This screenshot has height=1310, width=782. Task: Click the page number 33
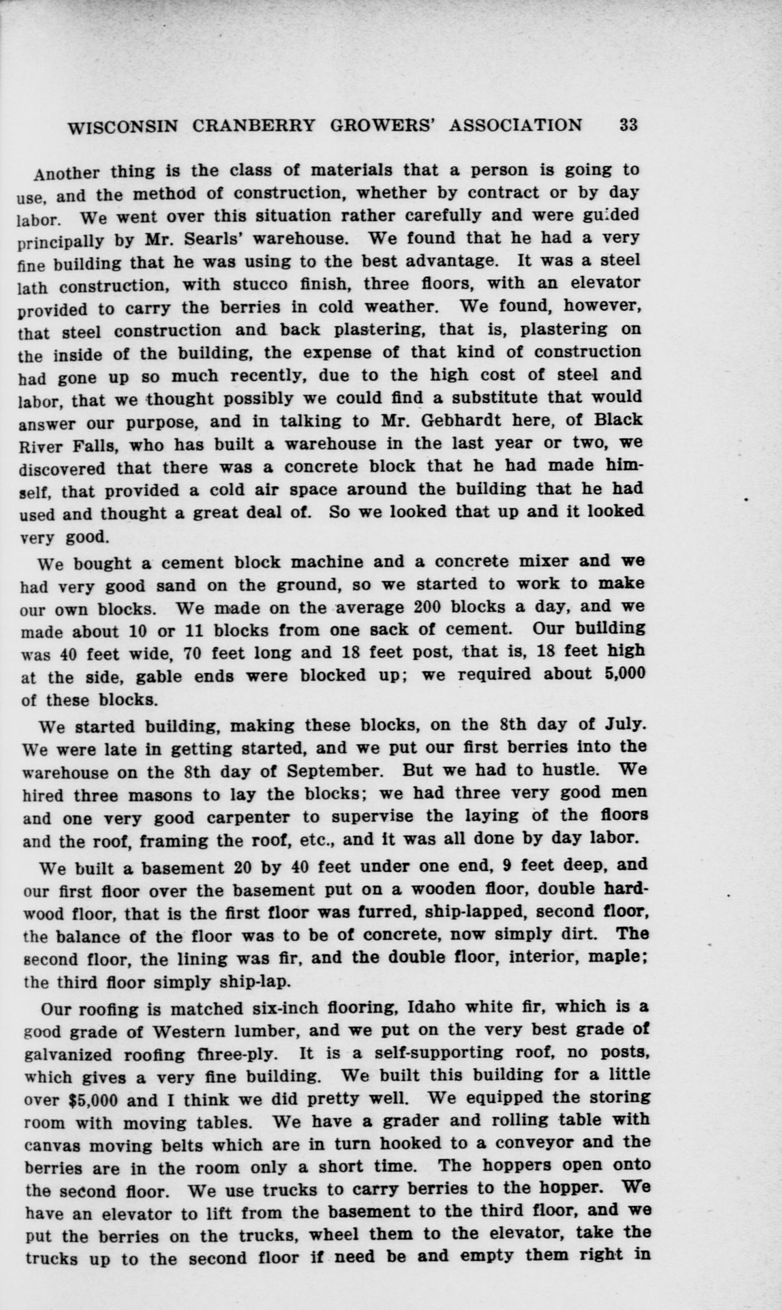tap(628, 125)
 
